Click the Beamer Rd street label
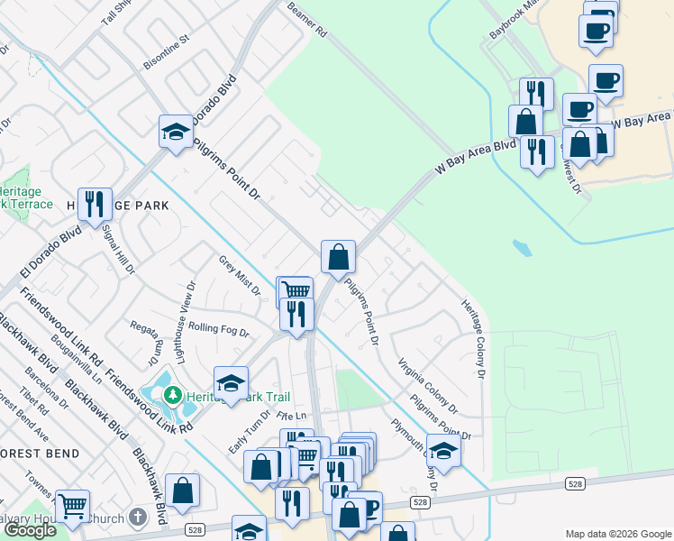[x=306, y=19]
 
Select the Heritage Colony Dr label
[x=475, y=338]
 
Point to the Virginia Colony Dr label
[x=428, y=380]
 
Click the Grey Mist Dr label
[x=240, y=275]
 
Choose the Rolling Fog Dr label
[x=219, y=330]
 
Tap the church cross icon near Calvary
[x=137, y=518]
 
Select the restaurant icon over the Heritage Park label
[x=94, y=204]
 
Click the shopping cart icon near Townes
[x=72, y=506]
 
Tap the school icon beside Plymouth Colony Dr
[x=443, y=451]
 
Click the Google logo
[x=30, y=531]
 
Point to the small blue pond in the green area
[x=522, y=247]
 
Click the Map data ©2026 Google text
[x=617, y=534]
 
